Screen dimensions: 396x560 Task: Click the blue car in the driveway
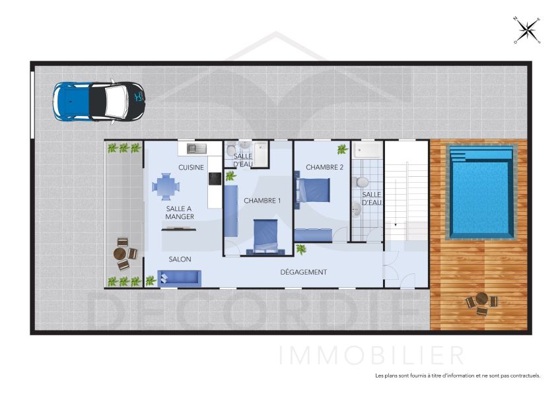(x=99, y=101)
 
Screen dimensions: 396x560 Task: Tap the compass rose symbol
(x=527, y=29)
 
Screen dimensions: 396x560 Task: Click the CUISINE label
(x=191, y=168)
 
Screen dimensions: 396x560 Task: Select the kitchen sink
(x=196, y=148)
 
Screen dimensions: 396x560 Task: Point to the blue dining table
(x=164, y=186)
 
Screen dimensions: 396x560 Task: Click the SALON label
(x=180, y=259)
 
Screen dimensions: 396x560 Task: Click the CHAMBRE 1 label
(x=262, y=201)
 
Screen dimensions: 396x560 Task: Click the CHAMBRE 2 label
(x=324, y=168)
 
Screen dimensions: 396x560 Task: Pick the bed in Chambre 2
(x=316, y=189)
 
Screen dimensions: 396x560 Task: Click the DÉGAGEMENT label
(x=303, y=272)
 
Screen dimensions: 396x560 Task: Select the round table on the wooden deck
(x=482, y=300)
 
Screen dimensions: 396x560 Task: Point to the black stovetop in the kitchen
(x=215, y=178)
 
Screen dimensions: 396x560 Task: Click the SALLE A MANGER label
(x=180, y=213)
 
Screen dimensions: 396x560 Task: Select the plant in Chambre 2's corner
(x=342, y=149)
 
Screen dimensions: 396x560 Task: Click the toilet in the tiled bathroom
(x=362, y=181)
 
